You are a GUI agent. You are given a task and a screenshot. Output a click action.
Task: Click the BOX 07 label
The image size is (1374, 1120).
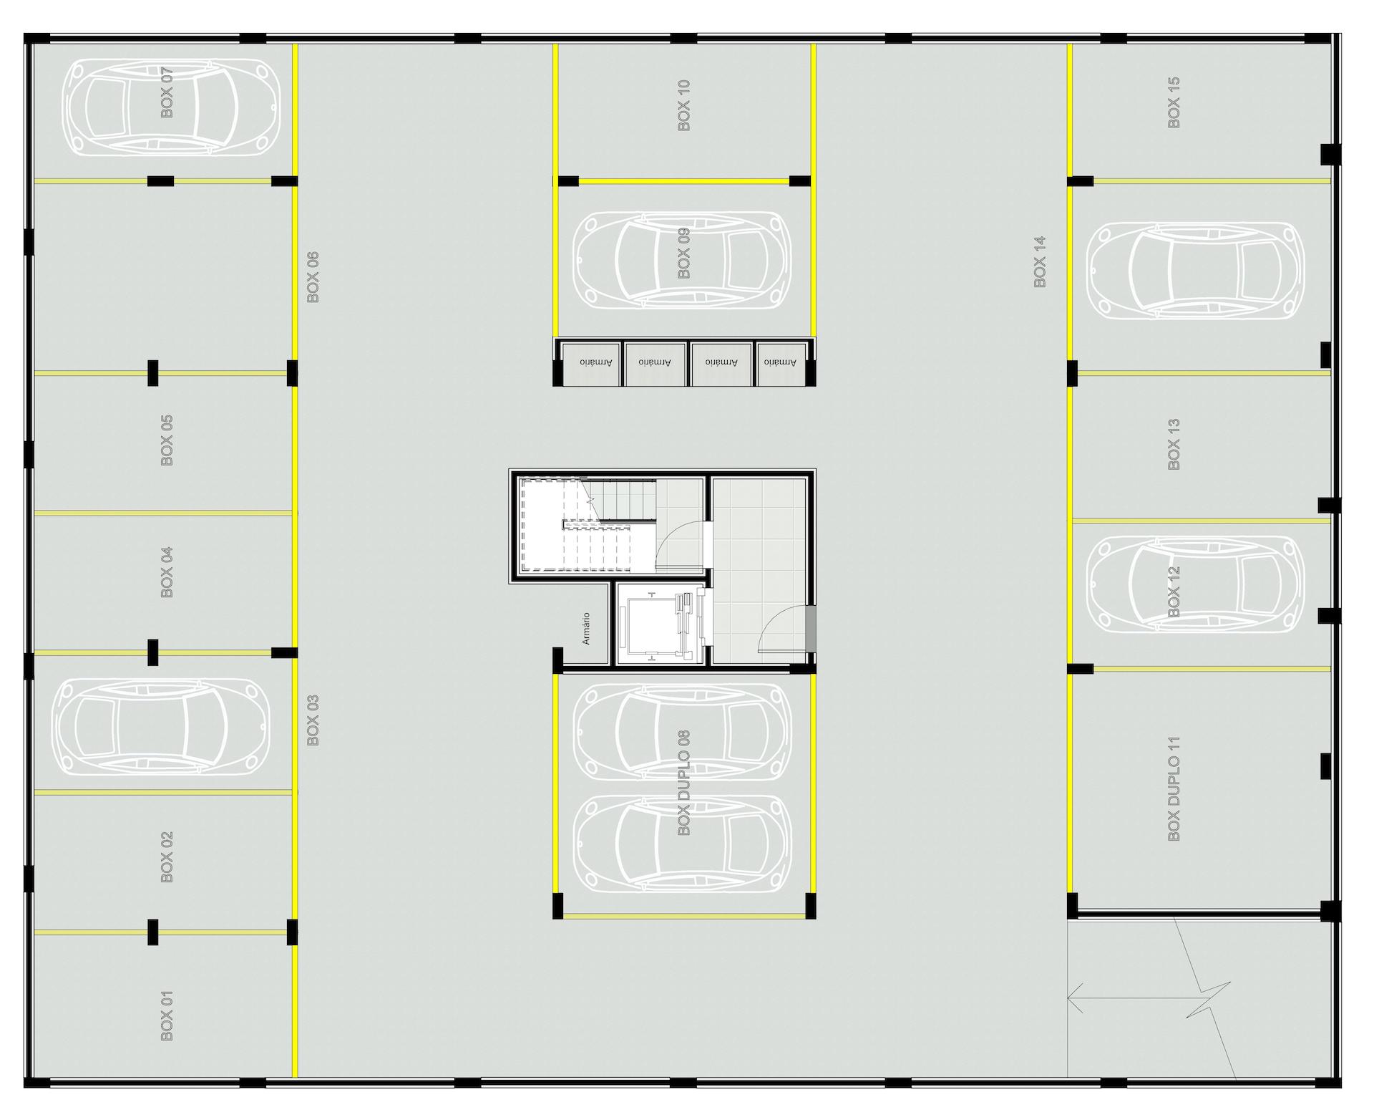tap(167, 92)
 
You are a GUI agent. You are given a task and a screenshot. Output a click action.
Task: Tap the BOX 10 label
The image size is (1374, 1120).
tap(684, 105)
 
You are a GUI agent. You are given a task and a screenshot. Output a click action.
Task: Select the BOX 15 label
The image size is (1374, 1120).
tap(1174, 103)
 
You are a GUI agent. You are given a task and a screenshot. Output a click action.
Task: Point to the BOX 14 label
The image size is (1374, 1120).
tap(1040, 261)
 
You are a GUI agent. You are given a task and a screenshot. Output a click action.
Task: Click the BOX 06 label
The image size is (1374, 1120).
tap(313, 276)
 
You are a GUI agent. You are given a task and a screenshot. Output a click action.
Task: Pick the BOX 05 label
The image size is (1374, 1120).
tap(167, 440)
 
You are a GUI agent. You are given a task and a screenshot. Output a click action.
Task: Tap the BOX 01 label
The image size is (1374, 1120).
tap(167, 1015)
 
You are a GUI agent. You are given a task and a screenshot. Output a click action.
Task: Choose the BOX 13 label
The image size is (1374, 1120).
tap(1174, 445)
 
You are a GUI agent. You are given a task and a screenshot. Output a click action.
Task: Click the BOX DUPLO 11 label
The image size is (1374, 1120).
tap(1174, 788)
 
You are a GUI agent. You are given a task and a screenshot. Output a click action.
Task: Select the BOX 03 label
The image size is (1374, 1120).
tap(313, 720)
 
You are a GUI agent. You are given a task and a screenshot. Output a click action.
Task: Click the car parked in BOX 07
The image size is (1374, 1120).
tap(172, 107)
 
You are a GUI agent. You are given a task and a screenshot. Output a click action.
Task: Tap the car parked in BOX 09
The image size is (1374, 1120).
tap(683, 260)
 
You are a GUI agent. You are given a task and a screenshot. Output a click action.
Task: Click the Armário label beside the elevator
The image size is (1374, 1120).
tap(586, 628)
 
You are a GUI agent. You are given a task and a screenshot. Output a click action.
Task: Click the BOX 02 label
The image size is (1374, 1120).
tap(167, 857)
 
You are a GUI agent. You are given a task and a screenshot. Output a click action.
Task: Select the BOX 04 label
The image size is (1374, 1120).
tap(167, 573)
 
